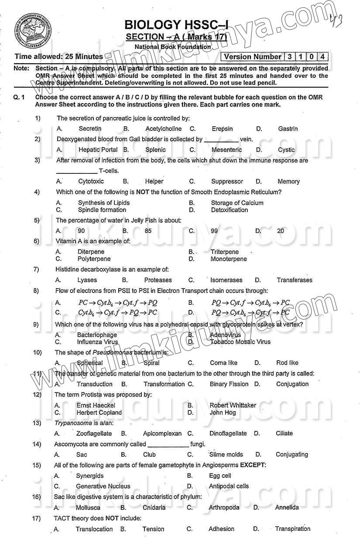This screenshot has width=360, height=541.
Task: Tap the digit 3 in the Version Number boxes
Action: point(290,57)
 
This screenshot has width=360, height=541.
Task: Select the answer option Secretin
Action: point(90,129)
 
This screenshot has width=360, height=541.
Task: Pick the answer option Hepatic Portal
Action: point(98,150)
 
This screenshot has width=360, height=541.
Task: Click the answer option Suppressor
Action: point(227,181)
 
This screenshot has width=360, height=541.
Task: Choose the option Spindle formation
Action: point(102,210)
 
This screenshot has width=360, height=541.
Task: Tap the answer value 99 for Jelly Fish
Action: point(214,231)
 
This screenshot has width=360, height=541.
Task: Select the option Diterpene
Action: point(91,252)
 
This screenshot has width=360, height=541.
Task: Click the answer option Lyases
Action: point(87,280)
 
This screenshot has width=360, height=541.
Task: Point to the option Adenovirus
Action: point(225,335)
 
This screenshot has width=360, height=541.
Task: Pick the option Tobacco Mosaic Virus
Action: point(240,342)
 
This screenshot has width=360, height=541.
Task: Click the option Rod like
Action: point(287,363)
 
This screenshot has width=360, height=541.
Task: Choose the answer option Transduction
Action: point(94,384)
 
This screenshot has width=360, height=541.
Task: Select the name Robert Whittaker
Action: point(233,405)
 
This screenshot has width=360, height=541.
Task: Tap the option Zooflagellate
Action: point(94,434)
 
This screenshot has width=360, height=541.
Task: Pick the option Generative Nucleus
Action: point(103,486)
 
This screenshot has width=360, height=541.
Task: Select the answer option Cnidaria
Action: point(154,507)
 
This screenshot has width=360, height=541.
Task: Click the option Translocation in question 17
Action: point(94,529)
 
